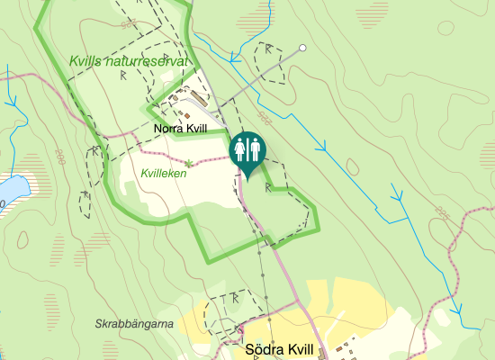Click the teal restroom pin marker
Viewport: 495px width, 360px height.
247,150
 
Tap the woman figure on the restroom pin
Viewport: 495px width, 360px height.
240,148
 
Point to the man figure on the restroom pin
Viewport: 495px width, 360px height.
253,148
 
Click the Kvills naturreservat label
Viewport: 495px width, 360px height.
130,61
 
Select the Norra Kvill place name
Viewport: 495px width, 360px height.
180,130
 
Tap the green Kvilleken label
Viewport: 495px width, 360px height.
164,172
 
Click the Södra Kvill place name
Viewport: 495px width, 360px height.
280,350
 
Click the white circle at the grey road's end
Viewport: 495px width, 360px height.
303,48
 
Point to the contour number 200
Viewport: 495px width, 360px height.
59,156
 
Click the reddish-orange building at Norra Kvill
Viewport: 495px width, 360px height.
186,115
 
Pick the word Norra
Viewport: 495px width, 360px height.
168,130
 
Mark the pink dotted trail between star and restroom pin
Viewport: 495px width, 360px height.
213,159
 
